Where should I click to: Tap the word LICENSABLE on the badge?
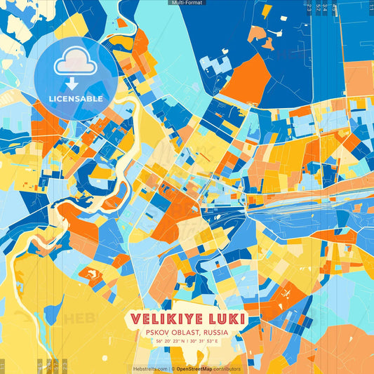click(x=76, y=99)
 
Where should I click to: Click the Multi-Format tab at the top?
click(x=187, y=3)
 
